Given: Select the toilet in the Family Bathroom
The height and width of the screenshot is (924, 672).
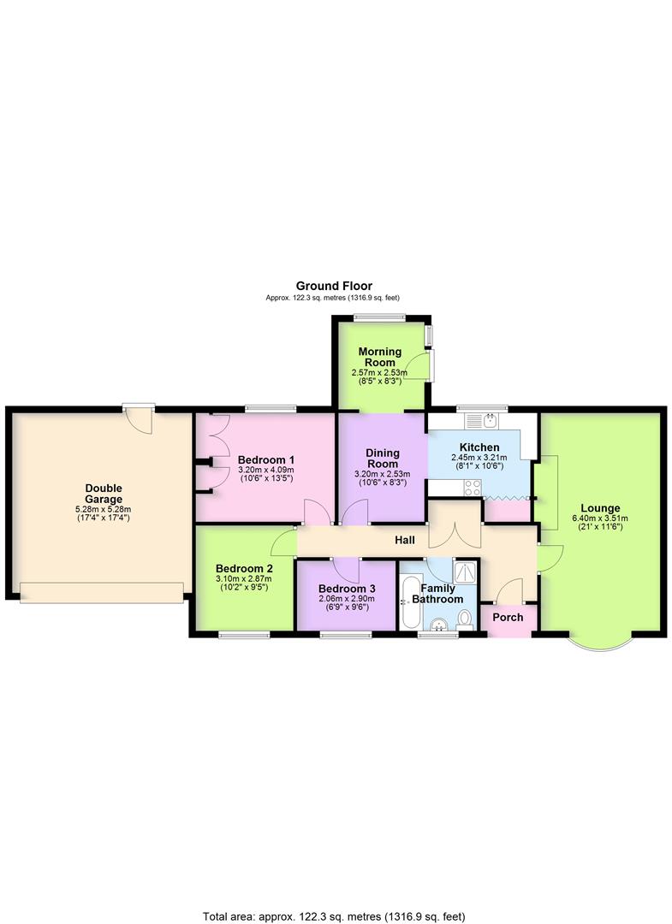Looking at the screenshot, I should tap(465, 619).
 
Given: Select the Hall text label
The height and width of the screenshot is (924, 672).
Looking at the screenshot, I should tap(405, 540).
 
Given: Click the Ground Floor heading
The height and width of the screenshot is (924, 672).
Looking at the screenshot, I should tap(334, 286).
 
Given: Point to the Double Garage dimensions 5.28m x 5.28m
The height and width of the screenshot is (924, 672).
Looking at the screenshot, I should tap(104, 509).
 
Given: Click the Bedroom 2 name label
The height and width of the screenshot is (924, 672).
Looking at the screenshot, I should tap(244, 568).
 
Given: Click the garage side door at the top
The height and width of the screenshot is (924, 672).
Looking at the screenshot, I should tap(138, 417).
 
